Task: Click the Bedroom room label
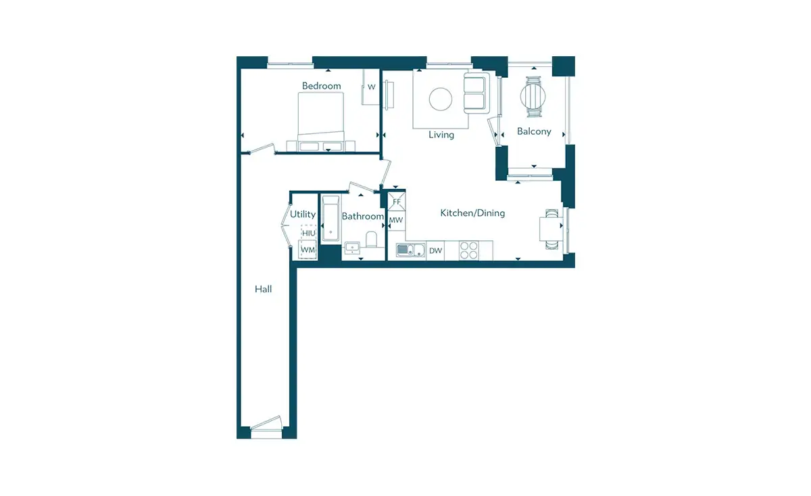pos(322,86)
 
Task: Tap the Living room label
pos(441,135)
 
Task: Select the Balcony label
pos(534,131)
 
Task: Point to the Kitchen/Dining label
pos(472,213)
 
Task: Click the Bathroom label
pos(363,217)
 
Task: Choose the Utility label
pos(303,215)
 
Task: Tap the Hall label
pos(263,289)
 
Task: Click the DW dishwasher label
pos(435,250)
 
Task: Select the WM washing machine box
pos(308,250)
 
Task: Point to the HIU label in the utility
pos(309,233)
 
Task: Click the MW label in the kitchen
pos(396,220)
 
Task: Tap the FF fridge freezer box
pos(397,202)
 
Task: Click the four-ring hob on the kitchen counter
pos(468,250)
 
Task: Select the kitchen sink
pos(411,250)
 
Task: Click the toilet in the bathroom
pos(372,240)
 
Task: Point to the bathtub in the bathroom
pos(331,219)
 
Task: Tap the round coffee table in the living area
pos(441,99)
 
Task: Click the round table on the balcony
pos(533,97)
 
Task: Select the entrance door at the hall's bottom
pos(266,424)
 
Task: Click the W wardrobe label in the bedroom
pos(372,87)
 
